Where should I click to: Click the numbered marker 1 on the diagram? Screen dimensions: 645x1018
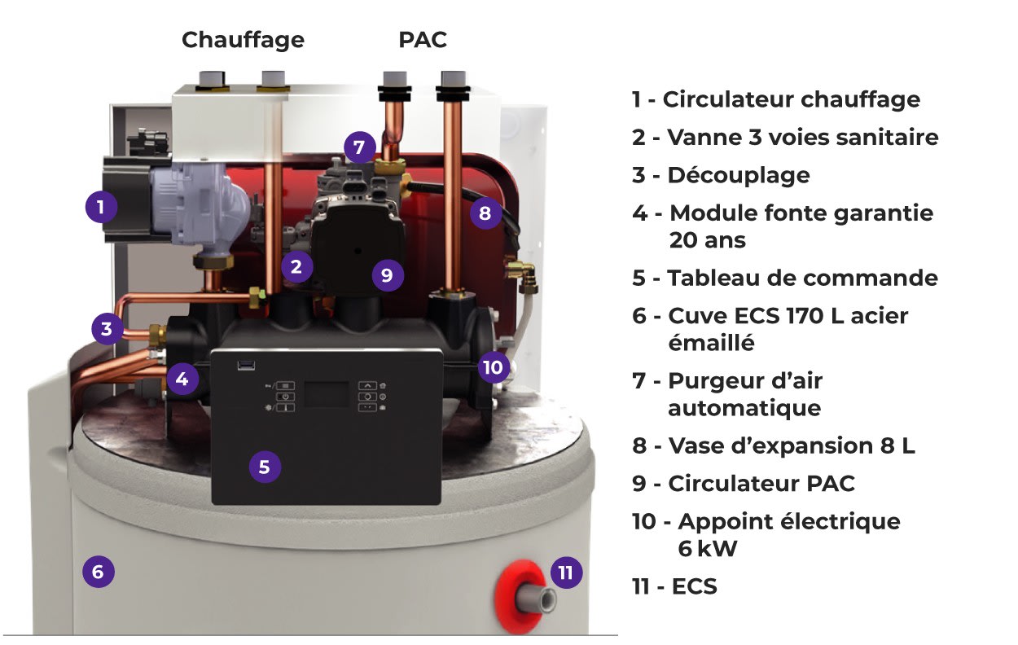[101, 207]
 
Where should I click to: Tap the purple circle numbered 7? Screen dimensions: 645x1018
[359, 147]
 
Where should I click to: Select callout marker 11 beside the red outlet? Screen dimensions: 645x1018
[566, 573]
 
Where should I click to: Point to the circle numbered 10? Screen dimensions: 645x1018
[493, 367]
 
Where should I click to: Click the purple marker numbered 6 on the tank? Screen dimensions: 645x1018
[98, 572]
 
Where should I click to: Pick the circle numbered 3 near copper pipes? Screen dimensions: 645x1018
[107, 330]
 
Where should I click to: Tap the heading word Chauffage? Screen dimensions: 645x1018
[243, 40]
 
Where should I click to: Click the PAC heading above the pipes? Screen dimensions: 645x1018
[423, 40]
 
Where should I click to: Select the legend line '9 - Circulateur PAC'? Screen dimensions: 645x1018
[744, 483]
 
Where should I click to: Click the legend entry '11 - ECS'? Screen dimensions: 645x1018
[674, 586]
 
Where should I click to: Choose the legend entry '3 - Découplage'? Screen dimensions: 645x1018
[721, 175]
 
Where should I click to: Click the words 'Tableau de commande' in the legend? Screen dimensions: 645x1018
[802, 278]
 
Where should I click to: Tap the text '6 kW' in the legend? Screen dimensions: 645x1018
[707, 548]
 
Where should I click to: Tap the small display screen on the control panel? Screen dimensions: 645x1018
[327, 395]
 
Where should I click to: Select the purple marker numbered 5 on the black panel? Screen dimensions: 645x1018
[265, 467]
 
